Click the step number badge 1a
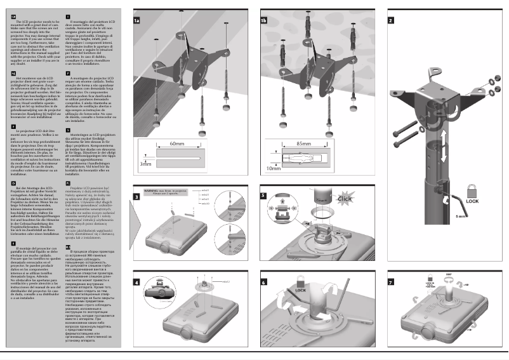(x=136, y=20)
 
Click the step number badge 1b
(x=263, y=20)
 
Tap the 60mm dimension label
(x=177, y=145)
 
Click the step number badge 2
(x=390, y=20)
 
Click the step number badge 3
(x=136, y=197)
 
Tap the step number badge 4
(x=136, y=282)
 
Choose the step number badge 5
(x=263, y=197)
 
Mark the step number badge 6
(x=263, y=282)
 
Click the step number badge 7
(x=390, y=282)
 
